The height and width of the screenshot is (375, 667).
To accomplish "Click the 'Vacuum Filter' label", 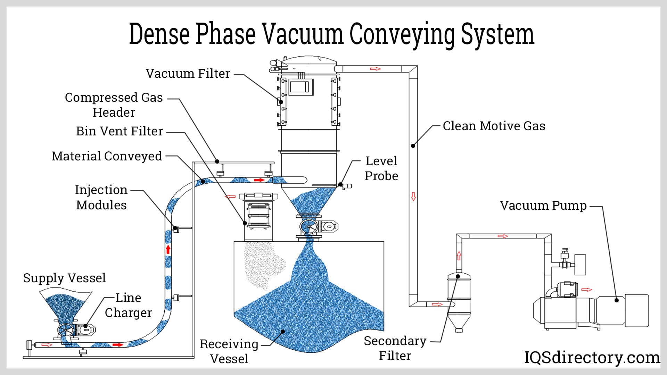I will tap(188, 74).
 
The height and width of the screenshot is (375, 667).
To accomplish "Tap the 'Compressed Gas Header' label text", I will tap(114, 105).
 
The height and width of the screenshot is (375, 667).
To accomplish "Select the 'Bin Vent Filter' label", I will tap(119, 131).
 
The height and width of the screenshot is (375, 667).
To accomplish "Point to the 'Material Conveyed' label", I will tap(107, 156).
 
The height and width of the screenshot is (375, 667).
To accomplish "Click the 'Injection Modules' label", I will tap(101, 197).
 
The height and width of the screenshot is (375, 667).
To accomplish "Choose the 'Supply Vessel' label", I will tap(64, 278).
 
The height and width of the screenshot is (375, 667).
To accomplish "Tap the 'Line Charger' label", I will tap(128, 305).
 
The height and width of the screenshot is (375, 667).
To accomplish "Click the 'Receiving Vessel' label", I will tap(229, 351).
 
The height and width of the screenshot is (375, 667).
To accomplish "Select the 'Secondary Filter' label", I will tap(395, 348).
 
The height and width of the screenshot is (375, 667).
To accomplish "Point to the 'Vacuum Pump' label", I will tap(543, 206).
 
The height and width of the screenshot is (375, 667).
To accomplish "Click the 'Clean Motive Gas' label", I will tap(494, 126).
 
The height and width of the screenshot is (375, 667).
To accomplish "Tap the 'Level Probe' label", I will tap(381, 168).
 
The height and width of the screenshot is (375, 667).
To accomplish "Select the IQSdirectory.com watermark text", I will tap(592, 358).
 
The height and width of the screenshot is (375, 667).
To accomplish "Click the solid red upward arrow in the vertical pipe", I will tap(168, 249).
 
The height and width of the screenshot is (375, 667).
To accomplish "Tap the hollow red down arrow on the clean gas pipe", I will tap(413, 197).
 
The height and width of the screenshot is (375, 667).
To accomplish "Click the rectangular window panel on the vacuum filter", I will tap(301, 87).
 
